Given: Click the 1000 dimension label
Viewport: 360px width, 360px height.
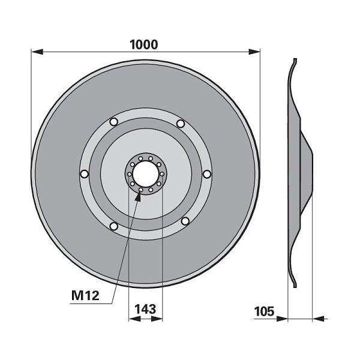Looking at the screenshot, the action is tap(144, 45).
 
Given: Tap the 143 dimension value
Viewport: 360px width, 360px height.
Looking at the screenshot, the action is tap(145, 309).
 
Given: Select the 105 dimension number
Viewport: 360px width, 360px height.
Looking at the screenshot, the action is tap(264, 311).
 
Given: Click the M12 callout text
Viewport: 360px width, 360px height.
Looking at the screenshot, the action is tap(85, 295).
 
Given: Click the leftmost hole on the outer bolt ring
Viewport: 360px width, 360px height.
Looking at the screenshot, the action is tap(84, 174).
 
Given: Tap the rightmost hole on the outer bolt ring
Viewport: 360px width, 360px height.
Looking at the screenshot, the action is tap(207, 174).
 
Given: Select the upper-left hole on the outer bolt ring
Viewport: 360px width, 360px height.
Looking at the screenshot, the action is tap(113, 122).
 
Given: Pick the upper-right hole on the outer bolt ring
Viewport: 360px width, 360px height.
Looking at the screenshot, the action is tap(181, 124).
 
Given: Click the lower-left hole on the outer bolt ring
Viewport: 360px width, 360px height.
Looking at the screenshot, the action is tap(113, 226).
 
